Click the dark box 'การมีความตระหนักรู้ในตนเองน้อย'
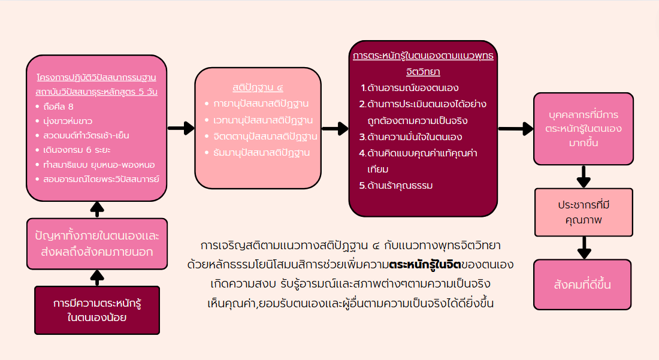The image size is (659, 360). (97, 310)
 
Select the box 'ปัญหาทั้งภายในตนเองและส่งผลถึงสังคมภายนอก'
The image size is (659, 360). (97, 244)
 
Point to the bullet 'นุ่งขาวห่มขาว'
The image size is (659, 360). (69, 122)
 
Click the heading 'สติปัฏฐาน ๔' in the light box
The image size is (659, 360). (258, 87)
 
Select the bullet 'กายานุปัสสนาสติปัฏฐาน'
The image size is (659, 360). (262, 104)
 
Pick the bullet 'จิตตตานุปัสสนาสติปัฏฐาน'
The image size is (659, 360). (265, 136)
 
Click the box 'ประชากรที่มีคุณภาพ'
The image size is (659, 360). (583, 213)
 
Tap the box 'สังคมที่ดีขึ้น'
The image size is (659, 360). (583, 285)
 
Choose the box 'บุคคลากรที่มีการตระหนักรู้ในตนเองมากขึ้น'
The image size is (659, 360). (583, 129)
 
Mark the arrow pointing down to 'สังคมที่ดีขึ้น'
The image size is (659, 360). (583, 247)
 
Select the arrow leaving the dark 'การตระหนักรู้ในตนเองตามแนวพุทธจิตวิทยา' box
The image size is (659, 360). (515, 128)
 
